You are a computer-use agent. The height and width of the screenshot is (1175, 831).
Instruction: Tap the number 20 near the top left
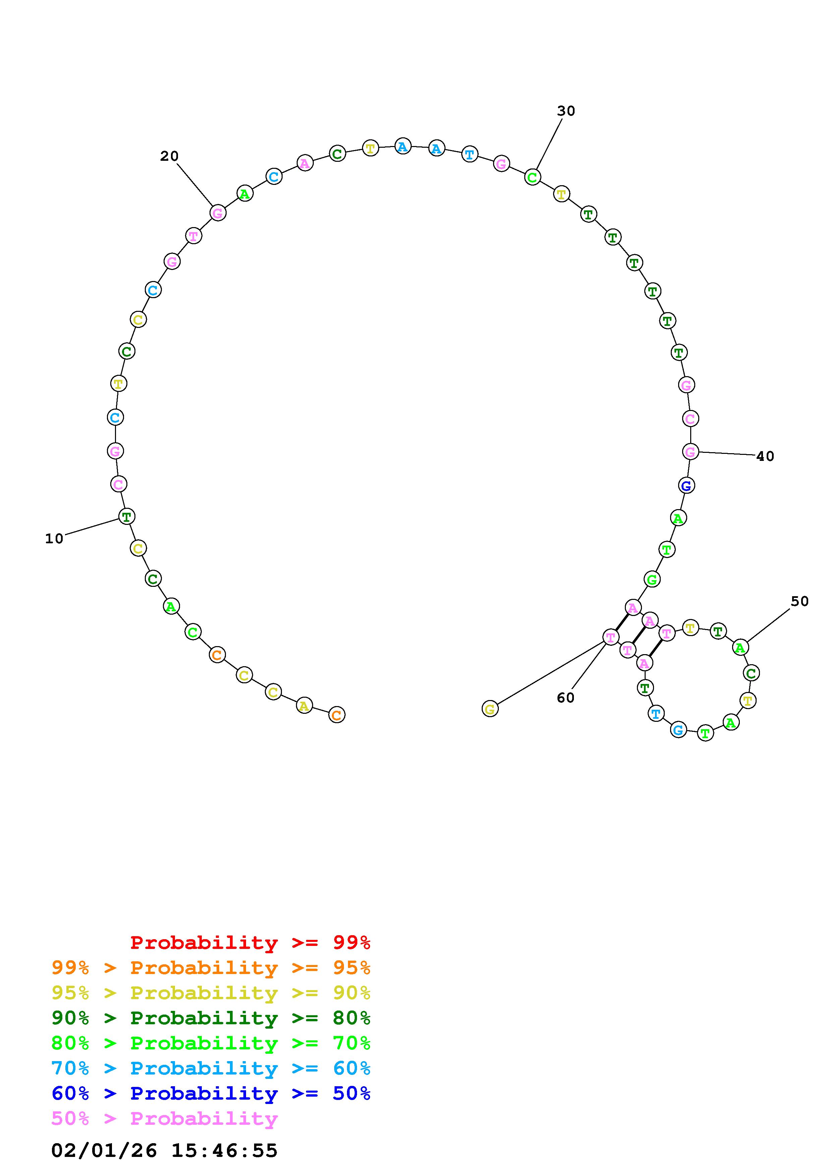170,156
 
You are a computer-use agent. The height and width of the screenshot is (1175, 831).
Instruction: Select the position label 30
566,111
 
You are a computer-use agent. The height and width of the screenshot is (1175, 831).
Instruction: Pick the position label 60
566,698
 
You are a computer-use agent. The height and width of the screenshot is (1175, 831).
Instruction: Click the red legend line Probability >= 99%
250,942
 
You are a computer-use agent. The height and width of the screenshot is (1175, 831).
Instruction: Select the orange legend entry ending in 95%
211,967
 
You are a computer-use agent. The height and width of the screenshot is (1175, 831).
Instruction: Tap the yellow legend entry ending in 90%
211,992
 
